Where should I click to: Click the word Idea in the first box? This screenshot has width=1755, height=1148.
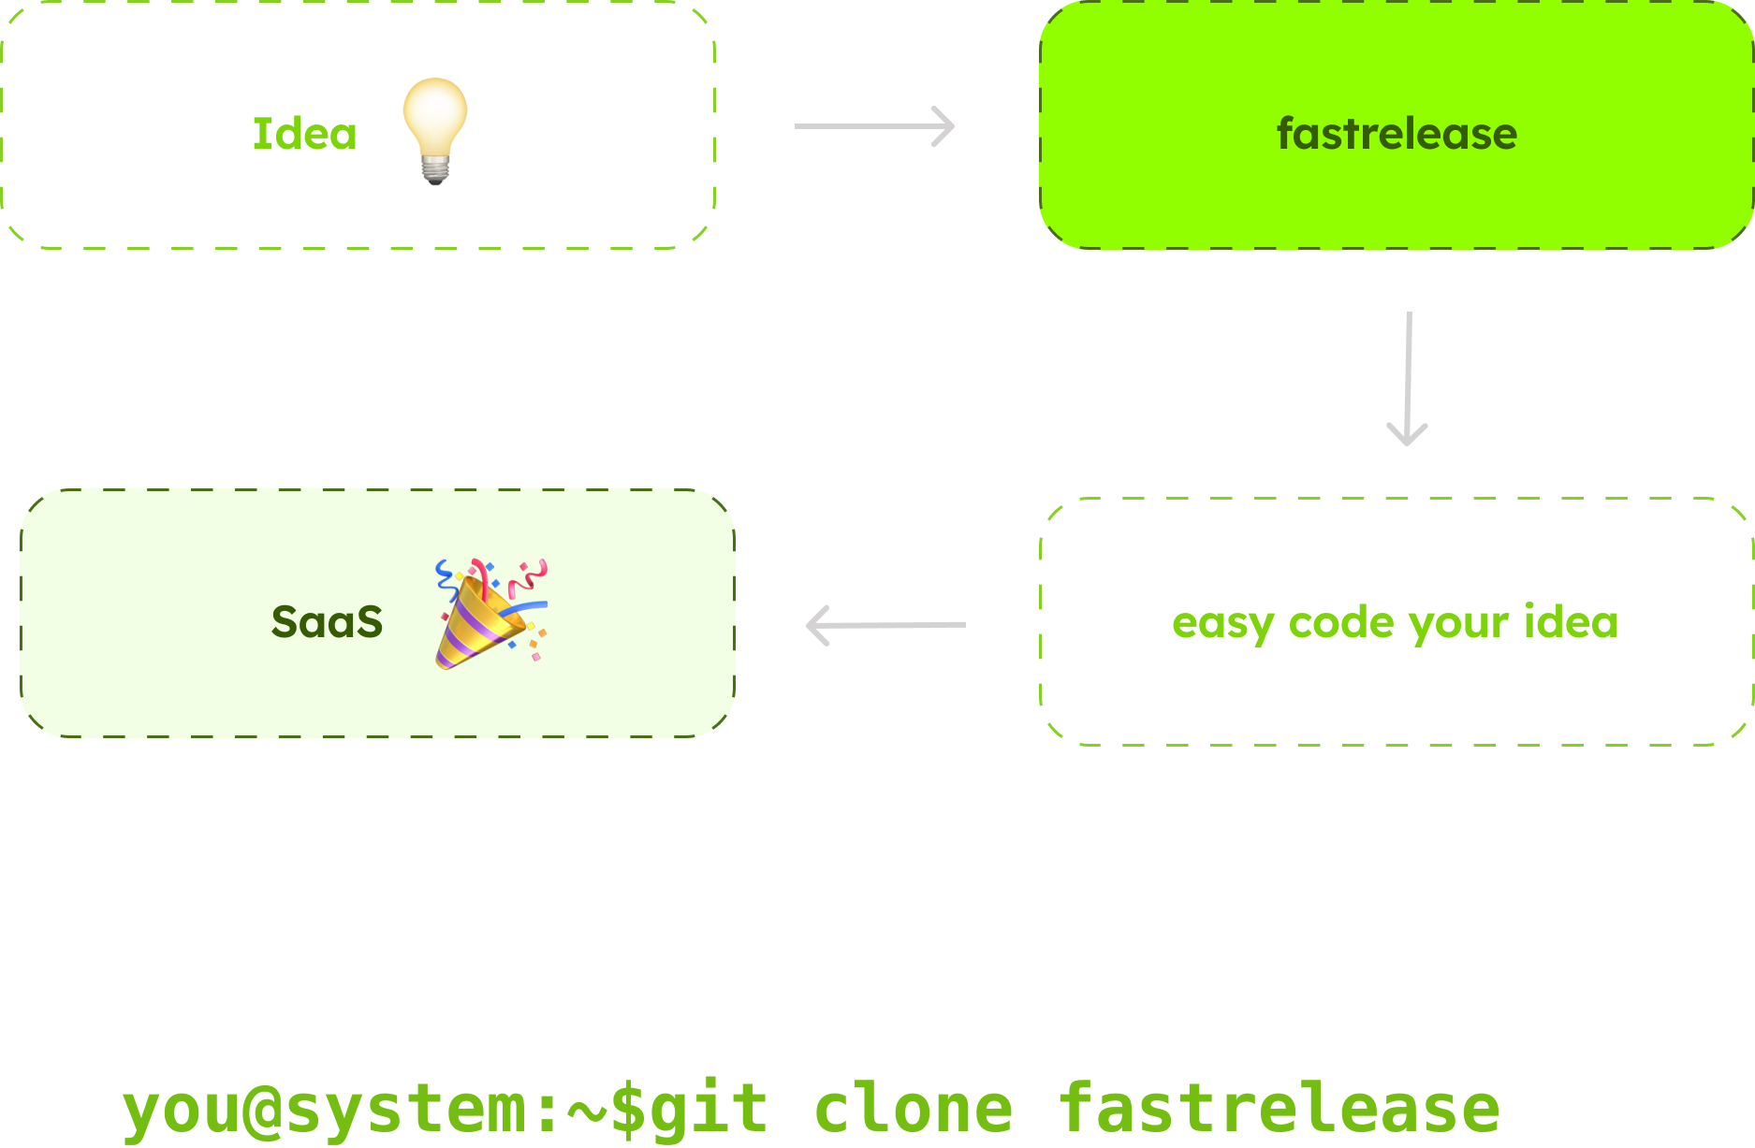coord(304,134)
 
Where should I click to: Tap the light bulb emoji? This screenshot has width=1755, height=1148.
coord(435,122)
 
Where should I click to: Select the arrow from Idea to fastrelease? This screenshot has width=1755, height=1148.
coord(873,126)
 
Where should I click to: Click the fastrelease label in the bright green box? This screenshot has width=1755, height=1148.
coord(1397,134)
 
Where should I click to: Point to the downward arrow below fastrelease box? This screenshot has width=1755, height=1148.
coord(1408,379)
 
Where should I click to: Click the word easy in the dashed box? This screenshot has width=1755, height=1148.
coord(1222,623)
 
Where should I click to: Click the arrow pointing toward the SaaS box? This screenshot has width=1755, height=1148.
coord(885,625)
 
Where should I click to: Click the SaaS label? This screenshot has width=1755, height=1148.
coord(327,622)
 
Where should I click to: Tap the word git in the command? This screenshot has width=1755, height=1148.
coord(709,1110)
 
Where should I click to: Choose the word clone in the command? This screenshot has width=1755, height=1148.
coord(914,1110)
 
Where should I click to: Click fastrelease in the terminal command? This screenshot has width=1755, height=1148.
coord(1279,1110)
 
